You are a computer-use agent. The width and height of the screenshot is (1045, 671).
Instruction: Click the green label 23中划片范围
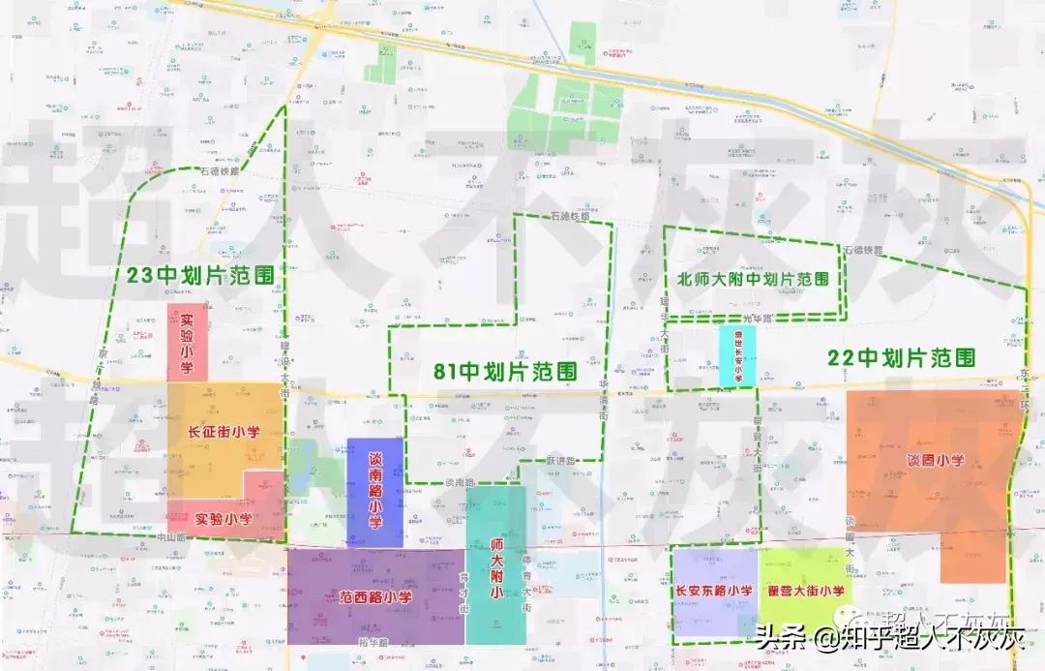pos(200,275)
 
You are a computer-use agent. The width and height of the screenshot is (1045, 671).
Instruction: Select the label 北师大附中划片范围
pos(753,279)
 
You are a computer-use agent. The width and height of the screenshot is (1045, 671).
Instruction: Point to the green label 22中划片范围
pos(901,357)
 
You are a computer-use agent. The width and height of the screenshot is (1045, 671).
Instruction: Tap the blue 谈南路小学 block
pos(374,493)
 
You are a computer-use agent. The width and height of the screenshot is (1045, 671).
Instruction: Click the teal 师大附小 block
pos(495,565)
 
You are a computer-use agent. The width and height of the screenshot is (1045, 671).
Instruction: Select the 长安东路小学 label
pos(714,591)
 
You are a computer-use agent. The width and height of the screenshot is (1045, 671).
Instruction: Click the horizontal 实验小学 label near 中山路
pos(224,519)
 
